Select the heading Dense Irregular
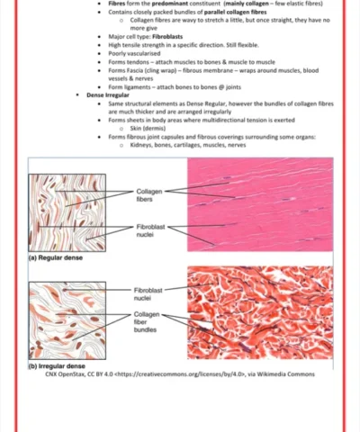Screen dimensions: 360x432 tap(109, 94)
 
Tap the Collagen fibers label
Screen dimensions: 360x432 tap(149, 195)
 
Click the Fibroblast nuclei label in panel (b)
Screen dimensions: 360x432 tap(149, 293)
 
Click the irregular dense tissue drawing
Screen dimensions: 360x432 tap(67, 319)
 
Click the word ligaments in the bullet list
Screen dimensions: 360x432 tap(134, 86)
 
